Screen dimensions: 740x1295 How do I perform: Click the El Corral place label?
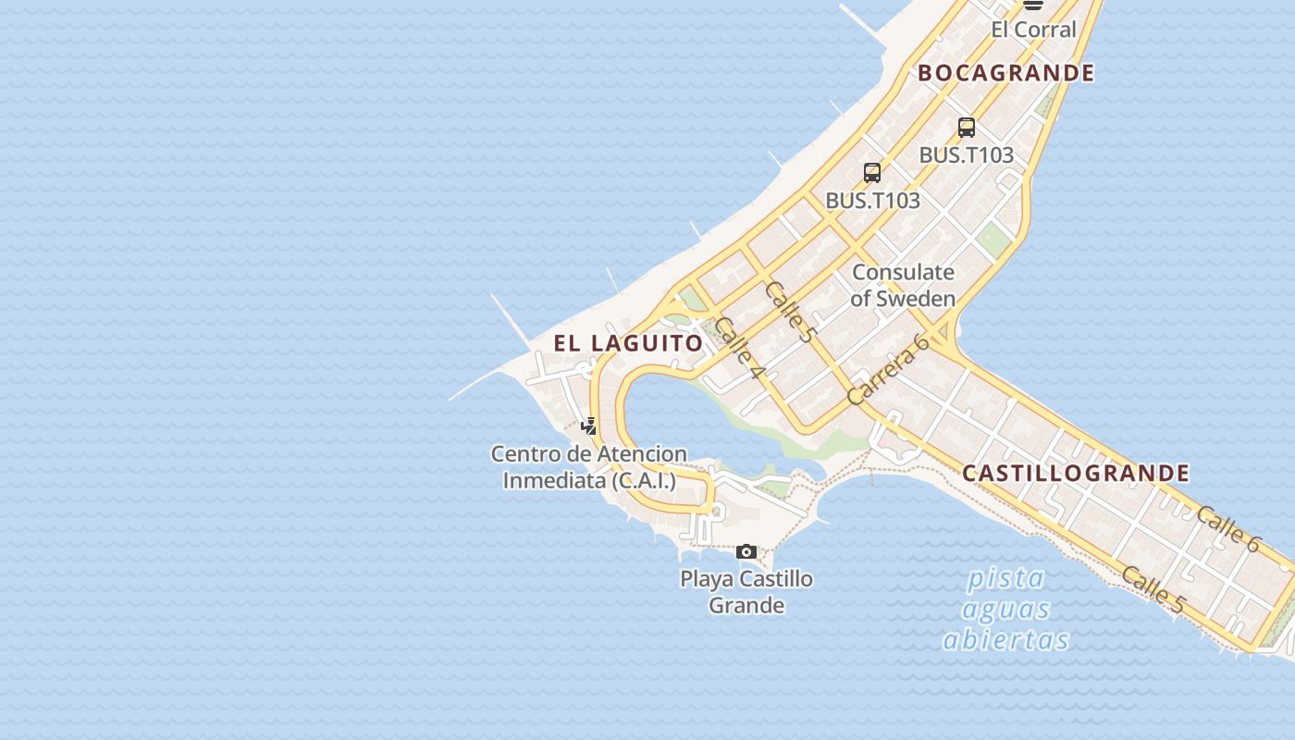pyautogui.click(x=1033, y=30)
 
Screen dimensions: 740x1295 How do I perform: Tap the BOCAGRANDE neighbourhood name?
pyautogui.click(x=1005, y=73)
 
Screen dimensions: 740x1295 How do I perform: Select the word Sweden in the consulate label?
pyautogui.click(x=915, y=299)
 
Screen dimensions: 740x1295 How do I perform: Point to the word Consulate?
pyautogui.click(x=903, y=272)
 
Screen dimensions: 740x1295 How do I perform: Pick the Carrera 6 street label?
pyautogui.click(x=887, y=369)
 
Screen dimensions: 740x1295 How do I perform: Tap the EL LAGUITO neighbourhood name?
pyautogui.click(x=628, y=343)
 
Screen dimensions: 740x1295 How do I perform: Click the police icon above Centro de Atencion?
pyautogui.click(x=589, y=425)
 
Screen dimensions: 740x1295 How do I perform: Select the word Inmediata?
pyautogui.click(x=553, y=481)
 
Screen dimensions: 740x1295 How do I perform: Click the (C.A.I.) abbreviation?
pyautogui.click(x=642, y=481)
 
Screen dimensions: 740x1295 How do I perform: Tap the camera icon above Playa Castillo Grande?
pyautogui.click(x=746, y=552)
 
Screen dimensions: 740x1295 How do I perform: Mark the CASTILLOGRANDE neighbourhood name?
pyautogui.click(x=1075, y=474)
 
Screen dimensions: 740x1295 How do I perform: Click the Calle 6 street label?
pyautogui.click(x=1227, y=529)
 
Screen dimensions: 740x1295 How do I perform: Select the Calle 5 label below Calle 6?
pyautogui.click(x=1153, y=589)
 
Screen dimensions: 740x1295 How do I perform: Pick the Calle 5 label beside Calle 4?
pyautogui.click(x=789, y=312)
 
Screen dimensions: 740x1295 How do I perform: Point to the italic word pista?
pyautogui.click(x=1005, y=579)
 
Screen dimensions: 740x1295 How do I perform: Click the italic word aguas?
pyautogui.click(x=1005, y=610)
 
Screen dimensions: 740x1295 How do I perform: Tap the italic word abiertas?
pyautogui.click(x=1005, y=640)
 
